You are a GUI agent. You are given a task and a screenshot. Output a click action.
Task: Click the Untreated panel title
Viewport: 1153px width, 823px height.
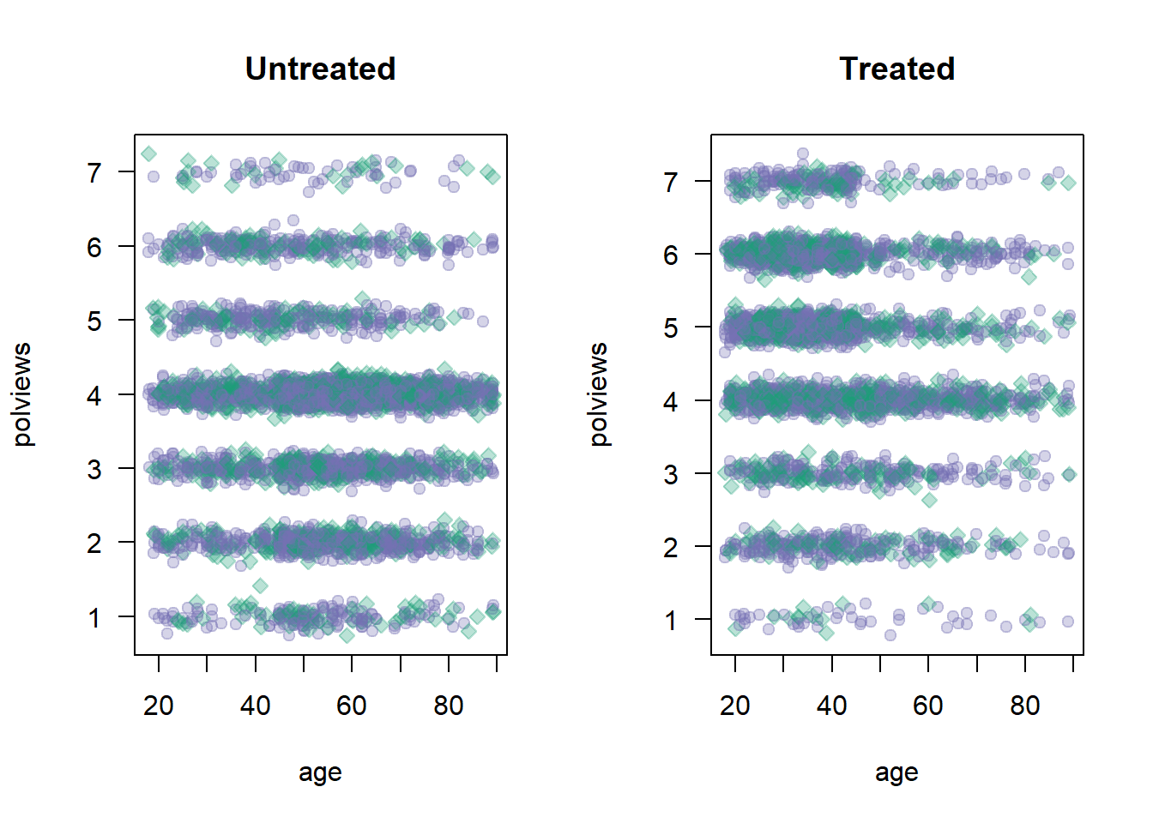pyautogui.click(x=320, y=69)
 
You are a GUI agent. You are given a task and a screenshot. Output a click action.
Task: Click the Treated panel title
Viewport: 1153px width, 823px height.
pyautogui.click(x=896, y=69)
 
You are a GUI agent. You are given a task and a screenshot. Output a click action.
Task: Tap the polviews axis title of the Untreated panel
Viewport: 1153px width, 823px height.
pyautogui.click(x=23, y=394)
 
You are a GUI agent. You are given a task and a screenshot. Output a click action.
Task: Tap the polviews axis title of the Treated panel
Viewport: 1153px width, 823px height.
pyautogui.click(x=600, y=394)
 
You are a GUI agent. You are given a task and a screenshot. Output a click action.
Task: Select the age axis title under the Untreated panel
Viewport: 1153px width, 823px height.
pyautogui.click(x=320, y=772)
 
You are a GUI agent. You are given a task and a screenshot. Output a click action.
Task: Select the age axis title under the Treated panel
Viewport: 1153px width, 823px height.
pyautogui.click(x=896, y=772)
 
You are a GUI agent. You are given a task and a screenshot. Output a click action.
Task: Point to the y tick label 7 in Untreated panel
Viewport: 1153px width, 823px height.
pyautogui.click(x=94, y=173)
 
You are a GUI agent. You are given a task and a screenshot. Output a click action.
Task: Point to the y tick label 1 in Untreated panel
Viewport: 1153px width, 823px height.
pyautogui.click(x=94, y=617)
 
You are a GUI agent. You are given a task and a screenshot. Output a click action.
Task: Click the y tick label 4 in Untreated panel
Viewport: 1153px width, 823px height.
pyautogui.click(x=94, y=395)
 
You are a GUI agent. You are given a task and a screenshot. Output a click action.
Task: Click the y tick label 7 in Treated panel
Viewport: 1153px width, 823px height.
pyautogui.click(x=670, y=182)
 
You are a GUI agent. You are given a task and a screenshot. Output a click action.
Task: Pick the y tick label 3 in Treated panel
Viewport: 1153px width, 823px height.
pyautogui.click(x=670, y=474)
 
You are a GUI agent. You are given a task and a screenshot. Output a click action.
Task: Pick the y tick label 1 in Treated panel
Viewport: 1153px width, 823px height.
pyautogui.click(x=670, y=620)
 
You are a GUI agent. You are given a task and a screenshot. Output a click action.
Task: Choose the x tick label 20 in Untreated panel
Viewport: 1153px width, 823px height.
pyautogui.click(x=159, y=706)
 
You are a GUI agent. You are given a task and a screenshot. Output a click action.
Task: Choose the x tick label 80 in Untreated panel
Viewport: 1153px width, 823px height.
pyautogui.click(x=449, y=706)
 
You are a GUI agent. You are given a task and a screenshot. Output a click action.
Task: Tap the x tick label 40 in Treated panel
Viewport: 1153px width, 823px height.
pyautogui.click(x=831, y=706)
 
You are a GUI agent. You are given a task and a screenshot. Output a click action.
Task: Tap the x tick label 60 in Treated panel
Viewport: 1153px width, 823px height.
pyautogui.click(x=928, y=706)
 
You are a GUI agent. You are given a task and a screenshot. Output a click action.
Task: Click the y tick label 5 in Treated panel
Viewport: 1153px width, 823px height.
pyautogui.click(x=670, y=328)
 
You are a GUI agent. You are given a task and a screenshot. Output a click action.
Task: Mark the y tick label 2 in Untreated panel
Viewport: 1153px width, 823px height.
pyautogui.click(x=94, y=544)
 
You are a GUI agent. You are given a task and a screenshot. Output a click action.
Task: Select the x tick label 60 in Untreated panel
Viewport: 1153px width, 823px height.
pyautogui.click(x=352, y=706)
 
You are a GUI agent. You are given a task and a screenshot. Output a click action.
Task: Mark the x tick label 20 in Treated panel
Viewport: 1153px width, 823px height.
pyautogui.click(x=735, y=706)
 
